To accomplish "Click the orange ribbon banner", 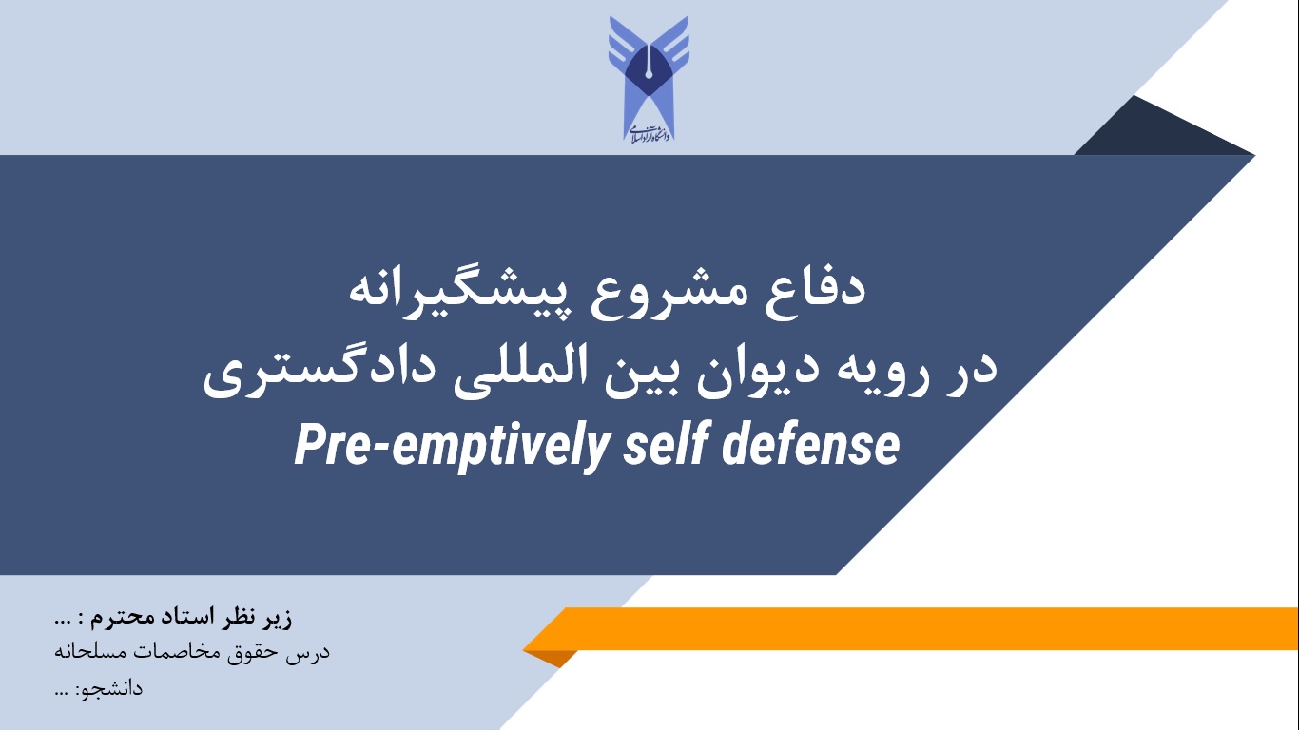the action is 910,630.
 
